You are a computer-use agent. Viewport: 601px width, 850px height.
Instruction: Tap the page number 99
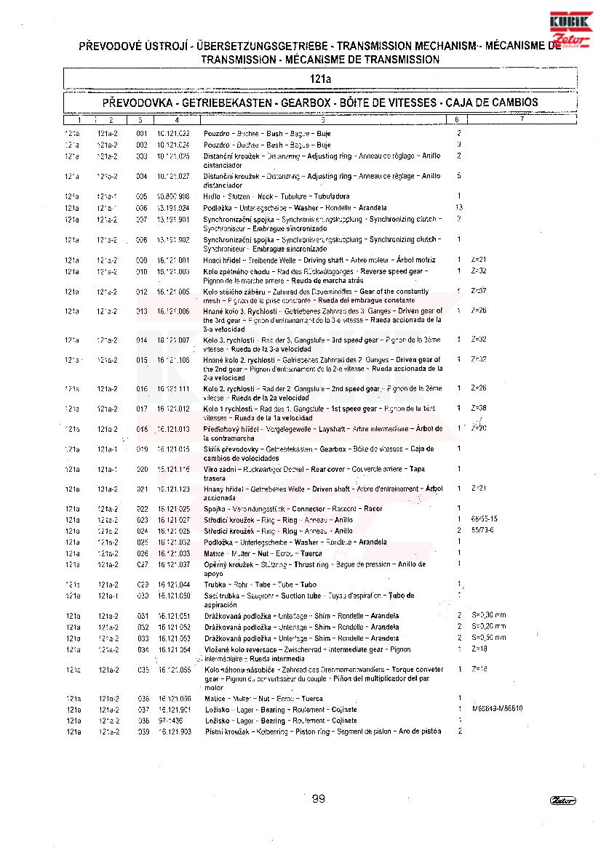pos(318,799)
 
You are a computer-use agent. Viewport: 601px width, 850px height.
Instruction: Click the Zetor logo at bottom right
pos(563,801)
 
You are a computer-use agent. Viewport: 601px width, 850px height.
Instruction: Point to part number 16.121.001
pos(173,260)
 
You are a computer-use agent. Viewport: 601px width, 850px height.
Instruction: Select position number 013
pos(142,311)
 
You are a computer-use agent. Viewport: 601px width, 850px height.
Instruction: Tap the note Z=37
pos(479,291)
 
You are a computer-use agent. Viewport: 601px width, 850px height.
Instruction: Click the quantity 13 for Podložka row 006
pos(458,208)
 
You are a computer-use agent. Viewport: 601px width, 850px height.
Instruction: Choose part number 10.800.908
pos(173,196)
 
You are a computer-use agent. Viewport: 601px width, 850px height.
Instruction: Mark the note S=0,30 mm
pos(488,615)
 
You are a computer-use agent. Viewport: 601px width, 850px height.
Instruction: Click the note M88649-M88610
pos(497,708)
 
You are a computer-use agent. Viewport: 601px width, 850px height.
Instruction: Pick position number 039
pos(143,731)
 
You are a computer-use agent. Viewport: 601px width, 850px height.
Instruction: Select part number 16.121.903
pos(175,731)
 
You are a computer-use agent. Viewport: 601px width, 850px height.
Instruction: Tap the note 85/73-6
pos(483,530)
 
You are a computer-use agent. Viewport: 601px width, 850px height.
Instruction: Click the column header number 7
pos(522,119)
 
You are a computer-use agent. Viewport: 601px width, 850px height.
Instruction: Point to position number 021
pos(142,489)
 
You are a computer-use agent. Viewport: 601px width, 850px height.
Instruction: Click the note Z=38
pos(479,408)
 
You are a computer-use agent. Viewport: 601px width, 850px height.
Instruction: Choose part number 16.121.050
pos(173,596)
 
